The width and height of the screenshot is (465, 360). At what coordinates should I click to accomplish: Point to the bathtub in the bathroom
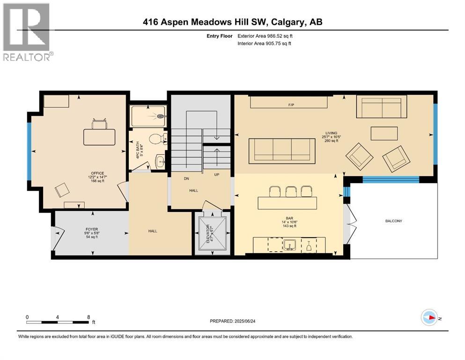pos(148,115)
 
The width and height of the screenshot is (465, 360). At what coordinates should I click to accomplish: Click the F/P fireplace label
pos(290,105)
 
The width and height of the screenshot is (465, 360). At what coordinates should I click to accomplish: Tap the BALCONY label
pos(393,221)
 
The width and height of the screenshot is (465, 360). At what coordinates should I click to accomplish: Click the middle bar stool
pos(290,191)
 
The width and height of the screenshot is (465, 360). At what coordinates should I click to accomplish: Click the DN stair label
pos(186,179)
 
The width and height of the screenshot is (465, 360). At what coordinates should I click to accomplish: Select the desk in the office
pos(99,136)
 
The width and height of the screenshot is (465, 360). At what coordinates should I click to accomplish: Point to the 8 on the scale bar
pos(88,317)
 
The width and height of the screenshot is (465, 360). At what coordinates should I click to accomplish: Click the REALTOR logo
pos(27,32)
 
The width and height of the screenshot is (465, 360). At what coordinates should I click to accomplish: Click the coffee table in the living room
pos(384,134)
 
